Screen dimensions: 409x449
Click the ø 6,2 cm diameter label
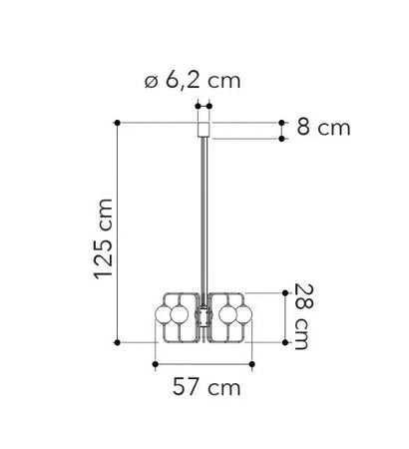coord(193,81)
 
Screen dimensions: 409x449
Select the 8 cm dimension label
coord(323,128)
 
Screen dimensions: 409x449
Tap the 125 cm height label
coord(104,238)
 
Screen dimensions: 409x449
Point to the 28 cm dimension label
coord(304,316)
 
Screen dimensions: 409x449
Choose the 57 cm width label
coord(206,387)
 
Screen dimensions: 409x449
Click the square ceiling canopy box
coord(204,130)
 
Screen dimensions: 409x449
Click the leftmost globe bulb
coord(164,314)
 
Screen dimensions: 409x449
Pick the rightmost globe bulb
coord(243,314)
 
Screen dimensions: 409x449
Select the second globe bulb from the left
coord(180,314)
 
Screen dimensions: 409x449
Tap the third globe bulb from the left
coord(228,314)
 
